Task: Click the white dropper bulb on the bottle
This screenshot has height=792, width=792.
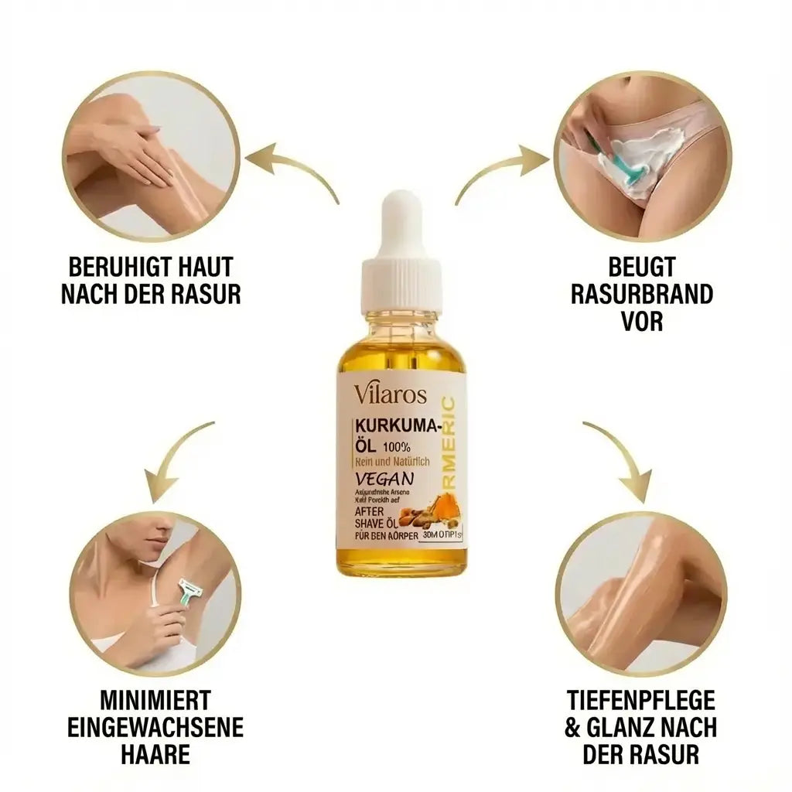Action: [x=401, y=224]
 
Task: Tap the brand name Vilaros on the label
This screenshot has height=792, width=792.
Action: [x=391, y=394]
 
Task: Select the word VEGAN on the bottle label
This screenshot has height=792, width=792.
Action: [x=385, y=480]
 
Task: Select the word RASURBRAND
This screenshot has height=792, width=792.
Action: [x=640, y=295]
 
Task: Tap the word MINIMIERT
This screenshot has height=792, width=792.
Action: [x=155, y=701]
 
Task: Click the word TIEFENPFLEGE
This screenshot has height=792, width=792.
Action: [x=641, y=701]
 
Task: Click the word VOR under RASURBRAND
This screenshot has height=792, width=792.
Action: [x=641, y=321]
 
